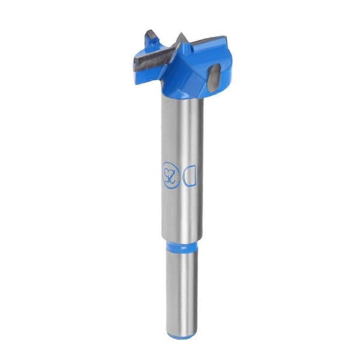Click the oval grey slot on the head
pyautogui.click(x=214, y=77)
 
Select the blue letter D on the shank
pyautogui.click(x=190, y=176)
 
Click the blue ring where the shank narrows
pyautogui.click(x=181, y=246)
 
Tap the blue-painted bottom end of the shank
pyautogui.click(x=181, y=335)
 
